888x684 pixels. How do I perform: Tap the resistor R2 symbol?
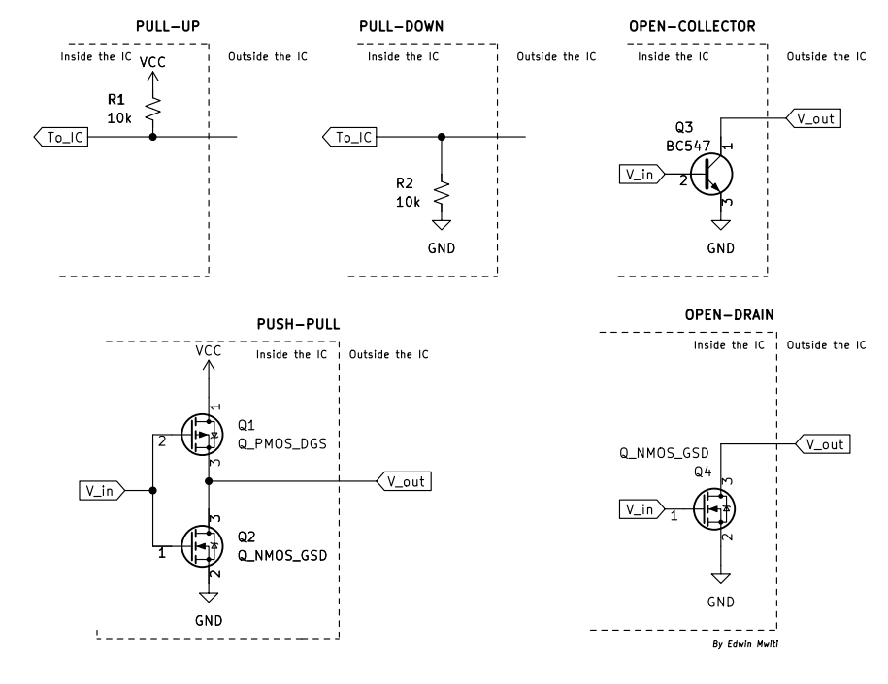tap(443, 191)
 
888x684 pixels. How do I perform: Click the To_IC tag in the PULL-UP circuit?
tap(60, 137)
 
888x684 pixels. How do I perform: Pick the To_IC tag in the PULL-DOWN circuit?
tap(350, 137)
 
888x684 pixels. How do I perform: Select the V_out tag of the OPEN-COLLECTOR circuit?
tap(811, 118)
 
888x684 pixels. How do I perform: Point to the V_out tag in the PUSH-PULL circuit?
tap(403, 480)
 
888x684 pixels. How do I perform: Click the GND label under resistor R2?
tap(442, 248)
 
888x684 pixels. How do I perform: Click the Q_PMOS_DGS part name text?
tap(281, 442)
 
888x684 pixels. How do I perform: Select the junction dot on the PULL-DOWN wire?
tap(443, 137)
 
